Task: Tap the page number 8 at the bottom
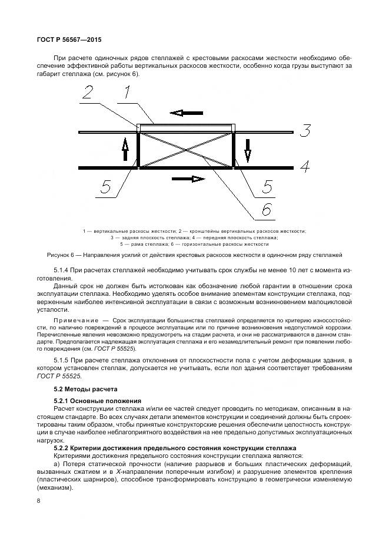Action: [x=39, y=501]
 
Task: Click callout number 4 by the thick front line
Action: [x=304, y=167]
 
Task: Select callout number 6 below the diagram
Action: [x=267, y=209]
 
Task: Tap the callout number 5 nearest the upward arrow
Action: [x=105, y=187]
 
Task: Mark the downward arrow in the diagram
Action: [x=247, y=150]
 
